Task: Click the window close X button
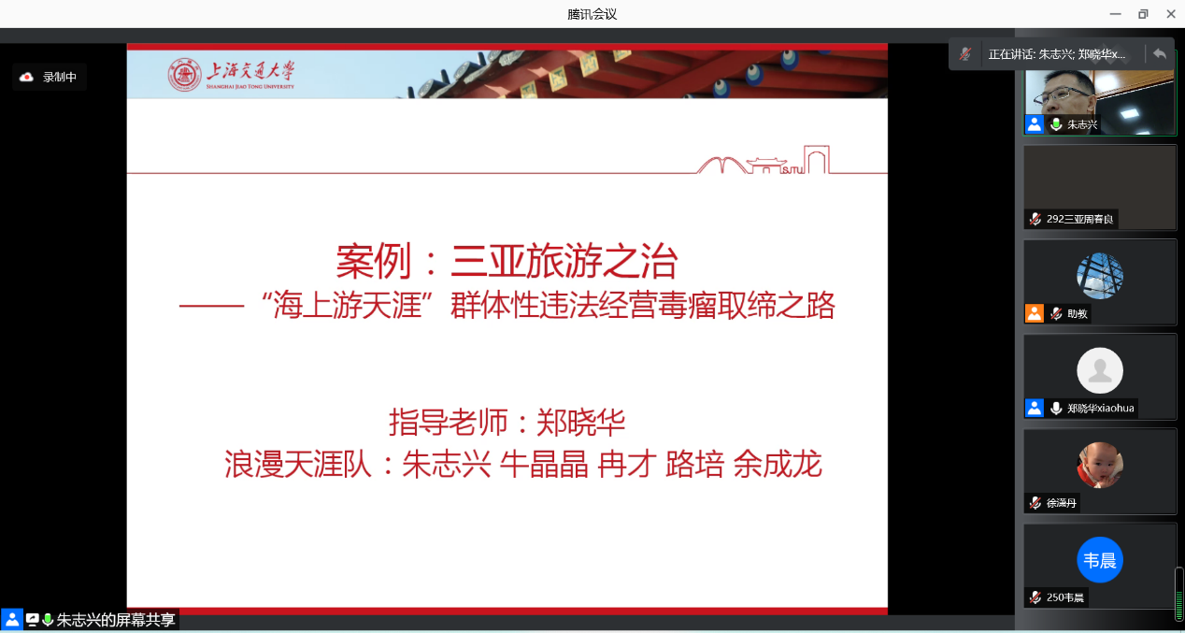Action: point(1171,14)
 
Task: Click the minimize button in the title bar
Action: point(1115,14)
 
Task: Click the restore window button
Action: point(1143,14)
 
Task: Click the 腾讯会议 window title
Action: point(592,14)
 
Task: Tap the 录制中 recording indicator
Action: point(49,78)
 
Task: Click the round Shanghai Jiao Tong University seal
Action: point(184,75)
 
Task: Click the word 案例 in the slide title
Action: point(374,262)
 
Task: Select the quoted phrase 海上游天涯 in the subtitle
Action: point(347,306)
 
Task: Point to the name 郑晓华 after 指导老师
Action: point(580,423)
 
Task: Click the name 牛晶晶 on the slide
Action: point(544,464)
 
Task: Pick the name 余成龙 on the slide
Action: point(778,464)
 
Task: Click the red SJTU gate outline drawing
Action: point(763,160)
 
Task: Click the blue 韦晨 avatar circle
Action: point(1100,560)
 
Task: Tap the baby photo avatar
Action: point(1100,466)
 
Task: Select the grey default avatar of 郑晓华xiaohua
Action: point(1100,370)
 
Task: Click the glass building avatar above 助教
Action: point(1100,276)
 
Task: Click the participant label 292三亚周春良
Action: point(1079,219)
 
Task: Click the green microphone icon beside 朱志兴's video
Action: point(1056,124)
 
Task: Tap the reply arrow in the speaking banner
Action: point(1159,54)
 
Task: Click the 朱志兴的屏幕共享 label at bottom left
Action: point(116,620)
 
